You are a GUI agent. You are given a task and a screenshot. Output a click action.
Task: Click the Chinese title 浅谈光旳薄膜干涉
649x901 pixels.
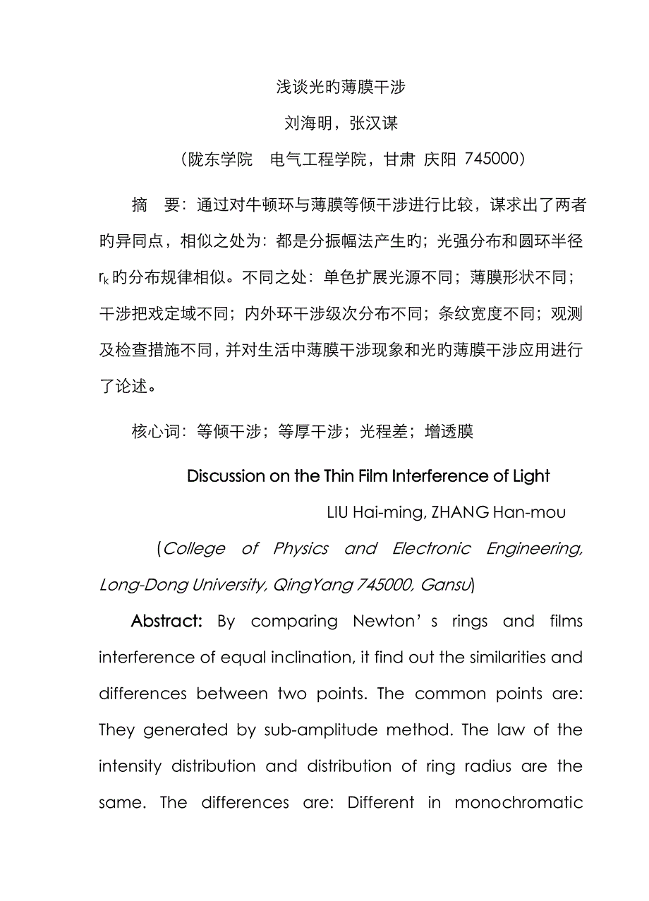340,87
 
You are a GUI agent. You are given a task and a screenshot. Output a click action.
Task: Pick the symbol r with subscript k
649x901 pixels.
104,279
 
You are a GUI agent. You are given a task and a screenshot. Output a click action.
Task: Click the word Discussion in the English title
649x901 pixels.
225,476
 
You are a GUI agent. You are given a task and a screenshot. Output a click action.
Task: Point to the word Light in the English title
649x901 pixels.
531,476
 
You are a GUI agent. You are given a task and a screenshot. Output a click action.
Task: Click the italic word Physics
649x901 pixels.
301,549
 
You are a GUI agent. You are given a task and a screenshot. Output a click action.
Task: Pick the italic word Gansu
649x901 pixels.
449,585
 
